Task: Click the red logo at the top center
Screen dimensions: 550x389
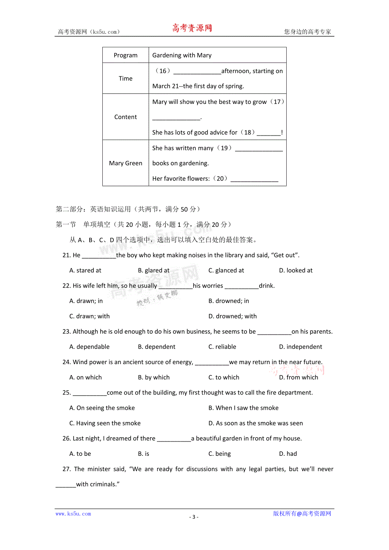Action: (x=192, y=28)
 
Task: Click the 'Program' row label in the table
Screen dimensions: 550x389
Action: (x=126, y=55)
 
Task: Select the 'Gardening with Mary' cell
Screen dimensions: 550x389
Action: (x=182, y=55)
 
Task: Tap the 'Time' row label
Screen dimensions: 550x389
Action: (x=126, y=79)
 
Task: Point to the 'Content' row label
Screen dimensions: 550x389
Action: (x=126, y=117)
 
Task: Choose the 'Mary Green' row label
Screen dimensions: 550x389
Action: (x=126, y=163)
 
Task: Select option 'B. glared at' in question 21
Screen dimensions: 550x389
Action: (x=153, y=270)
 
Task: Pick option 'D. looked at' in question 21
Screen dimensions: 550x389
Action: (x=296, y=270)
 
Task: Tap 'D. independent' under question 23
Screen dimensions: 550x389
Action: (x=300, y=347)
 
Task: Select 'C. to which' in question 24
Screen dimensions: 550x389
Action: (x=224, y=377)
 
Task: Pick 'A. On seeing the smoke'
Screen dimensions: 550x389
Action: (x=102, y=408)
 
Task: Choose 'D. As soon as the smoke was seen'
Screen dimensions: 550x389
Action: (x=255, y=423)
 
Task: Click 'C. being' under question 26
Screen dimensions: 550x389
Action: (x=219, y=454)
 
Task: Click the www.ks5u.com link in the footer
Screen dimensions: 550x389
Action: (x=73, y=514)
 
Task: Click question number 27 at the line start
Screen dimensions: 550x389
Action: (x=66, y=469)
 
